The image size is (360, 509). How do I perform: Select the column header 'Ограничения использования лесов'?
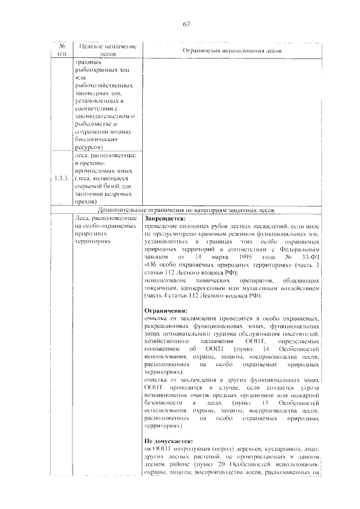[232, 51]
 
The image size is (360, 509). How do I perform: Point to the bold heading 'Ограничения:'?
[165, 310]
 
